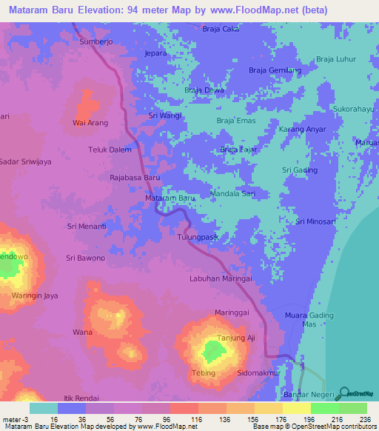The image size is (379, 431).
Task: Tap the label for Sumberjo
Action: (x=97, y=43)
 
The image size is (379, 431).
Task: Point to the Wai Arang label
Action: (x=90, y=122)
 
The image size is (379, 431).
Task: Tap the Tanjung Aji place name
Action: (x=235, y=338)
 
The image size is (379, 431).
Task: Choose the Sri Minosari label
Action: (x=317, y=221)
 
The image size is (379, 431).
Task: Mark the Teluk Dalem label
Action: (x=110, y=150)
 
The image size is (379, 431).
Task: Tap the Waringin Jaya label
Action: (x=35, y=296)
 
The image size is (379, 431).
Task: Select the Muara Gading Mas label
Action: (x=309, y=320)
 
